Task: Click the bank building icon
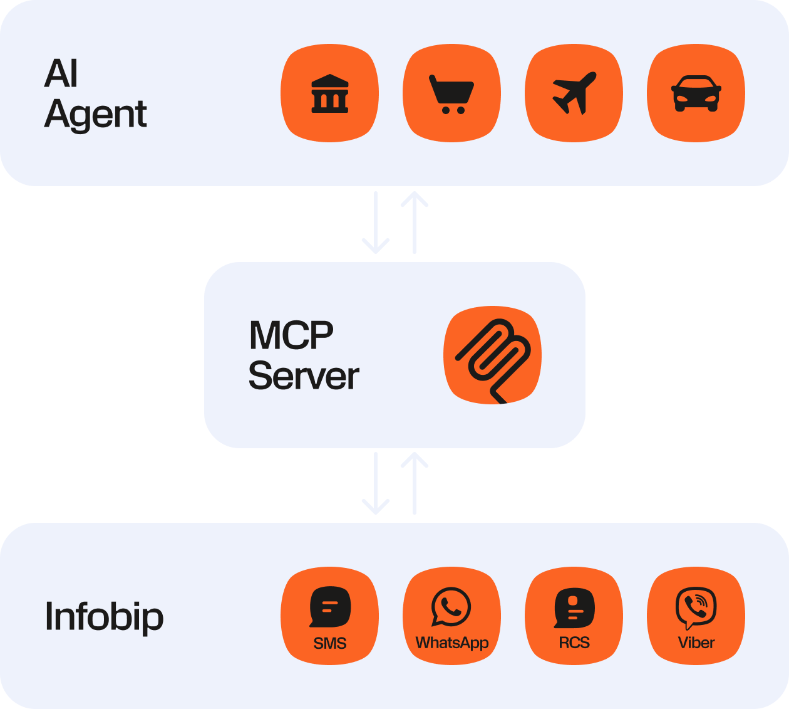(x=330, y=93)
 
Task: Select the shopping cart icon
(x=451, y=93)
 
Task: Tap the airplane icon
(x=574, y=93)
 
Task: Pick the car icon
(x=696, y=93)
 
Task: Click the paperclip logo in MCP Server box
(x=493, y=355)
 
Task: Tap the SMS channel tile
(x=330, y=616)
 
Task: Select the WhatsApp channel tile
(x=451, y=616)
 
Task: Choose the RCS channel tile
(x=574, y=616)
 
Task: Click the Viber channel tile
(x=696, y=616)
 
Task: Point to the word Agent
(x=96, y=115)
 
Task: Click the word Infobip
(x=104, y=617)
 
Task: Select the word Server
(x=304, y=376)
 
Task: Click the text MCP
(x=291, y=335)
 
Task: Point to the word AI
(x=61, y=74)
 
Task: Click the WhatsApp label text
(x=451, y=643)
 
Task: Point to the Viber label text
(x=696, y=643)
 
